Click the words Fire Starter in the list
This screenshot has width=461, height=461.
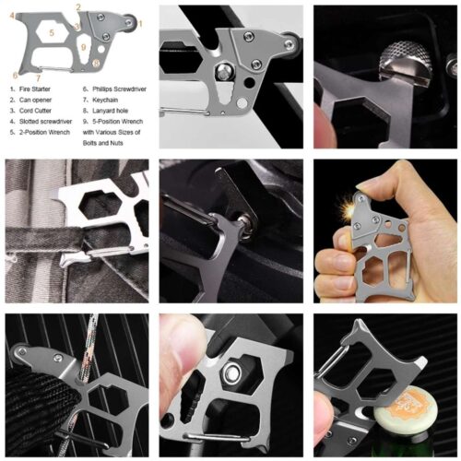(x=34, y=89)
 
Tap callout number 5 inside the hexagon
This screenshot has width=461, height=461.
(x=53, y=30)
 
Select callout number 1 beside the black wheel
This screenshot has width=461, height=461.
(x=140, y=22)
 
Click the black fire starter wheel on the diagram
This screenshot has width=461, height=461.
(x=129, y=23)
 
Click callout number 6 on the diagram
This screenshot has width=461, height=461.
(x=16, y=74)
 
